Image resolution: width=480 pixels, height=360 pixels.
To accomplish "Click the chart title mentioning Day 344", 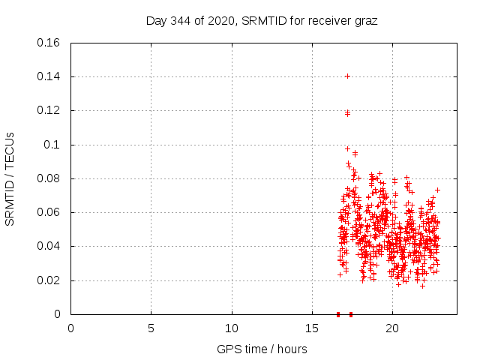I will click(261, 21).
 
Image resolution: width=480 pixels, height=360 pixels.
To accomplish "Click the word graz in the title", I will click(365, 21).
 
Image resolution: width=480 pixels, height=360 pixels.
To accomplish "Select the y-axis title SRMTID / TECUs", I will click(10, 179).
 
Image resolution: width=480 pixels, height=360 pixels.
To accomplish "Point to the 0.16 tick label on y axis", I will click(49, 43).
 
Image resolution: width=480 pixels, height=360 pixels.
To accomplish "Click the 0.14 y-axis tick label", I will click(49, 76).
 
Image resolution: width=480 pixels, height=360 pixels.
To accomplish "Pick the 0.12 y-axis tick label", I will click(49, 110).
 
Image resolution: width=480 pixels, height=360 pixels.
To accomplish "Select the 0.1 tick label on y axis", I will click(52, 145).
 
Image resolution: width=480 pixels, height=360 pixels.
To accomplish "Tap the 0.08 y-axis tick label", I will click(49, 178).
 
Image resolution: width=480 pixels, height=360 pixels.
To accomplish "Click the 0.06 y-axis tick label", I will click(49, 212).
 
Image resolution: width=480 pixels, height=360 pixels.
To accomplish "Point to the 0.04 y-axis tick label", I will click(49, 246).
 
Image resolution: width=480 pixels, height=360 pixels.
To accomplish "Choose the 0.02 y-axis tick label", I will click(49, 280).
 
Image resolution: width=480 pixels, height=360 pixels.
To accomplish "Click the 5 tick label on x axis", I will click(151, 328).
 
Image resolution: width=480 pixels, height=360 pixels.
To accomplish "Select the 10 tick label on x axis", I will click(232, 328).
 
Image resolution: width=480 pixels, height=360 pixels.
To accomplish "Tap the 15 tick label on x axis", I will click(312, 328).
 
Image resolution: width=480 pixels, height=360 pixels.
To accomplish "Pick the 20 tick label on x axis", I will click(392, 328).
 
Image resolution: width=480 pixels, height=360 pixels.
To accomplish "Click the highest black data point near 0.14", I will click(347, 76).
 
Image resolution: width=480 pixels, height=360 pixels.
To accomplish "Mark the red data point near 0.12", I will click(347, 113).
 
